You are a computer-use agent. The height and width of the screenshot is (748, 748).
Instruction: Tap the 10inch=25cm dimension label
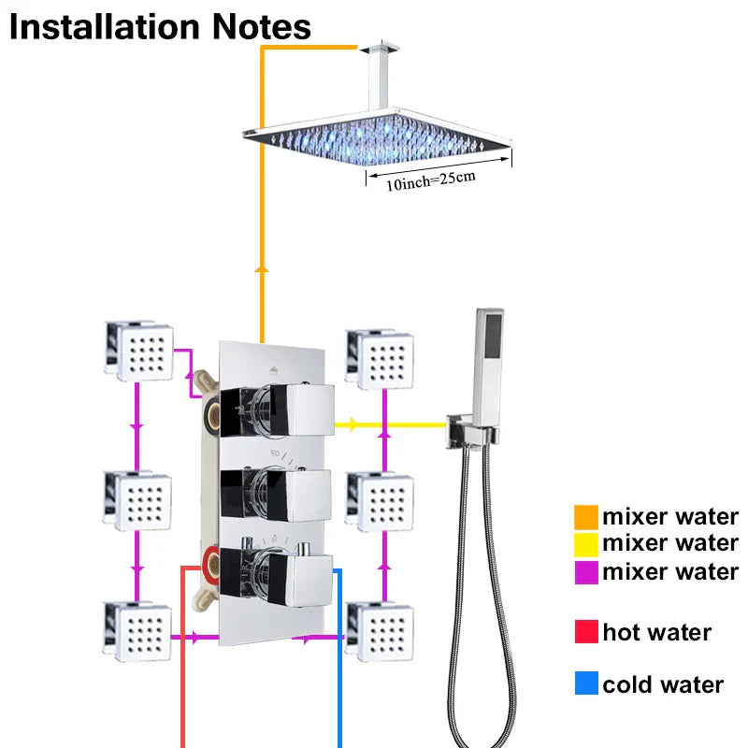tap(431, 179)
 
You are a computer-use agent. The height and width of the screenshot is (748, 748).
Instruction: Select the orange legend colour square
tap(586, 516)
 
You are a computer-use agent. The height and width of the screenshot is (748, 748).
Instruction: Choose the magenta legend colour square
tap(586, 571)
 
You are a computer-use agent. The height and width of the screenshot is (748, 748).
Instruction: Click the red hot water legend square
tap(586, 633)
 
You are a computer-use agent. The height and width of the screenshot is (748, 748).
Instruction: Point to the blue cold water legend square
tap(586, 684)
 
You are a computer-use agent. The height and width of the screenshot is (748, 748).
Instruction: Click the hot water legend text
tap(656, 633)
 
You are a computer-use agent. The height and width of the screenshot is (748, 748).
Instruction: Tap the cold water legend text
tap(663, 684)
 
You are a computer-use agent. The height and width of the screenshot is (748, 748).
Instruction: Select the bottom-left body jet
tap(138, 627)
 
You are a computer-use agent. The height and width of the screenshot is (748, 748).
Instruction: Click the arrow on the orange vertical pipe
tap(262, 268)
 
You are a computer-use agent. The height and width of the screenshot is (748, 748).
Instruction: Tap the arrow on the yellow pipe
tap(352, 424)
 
